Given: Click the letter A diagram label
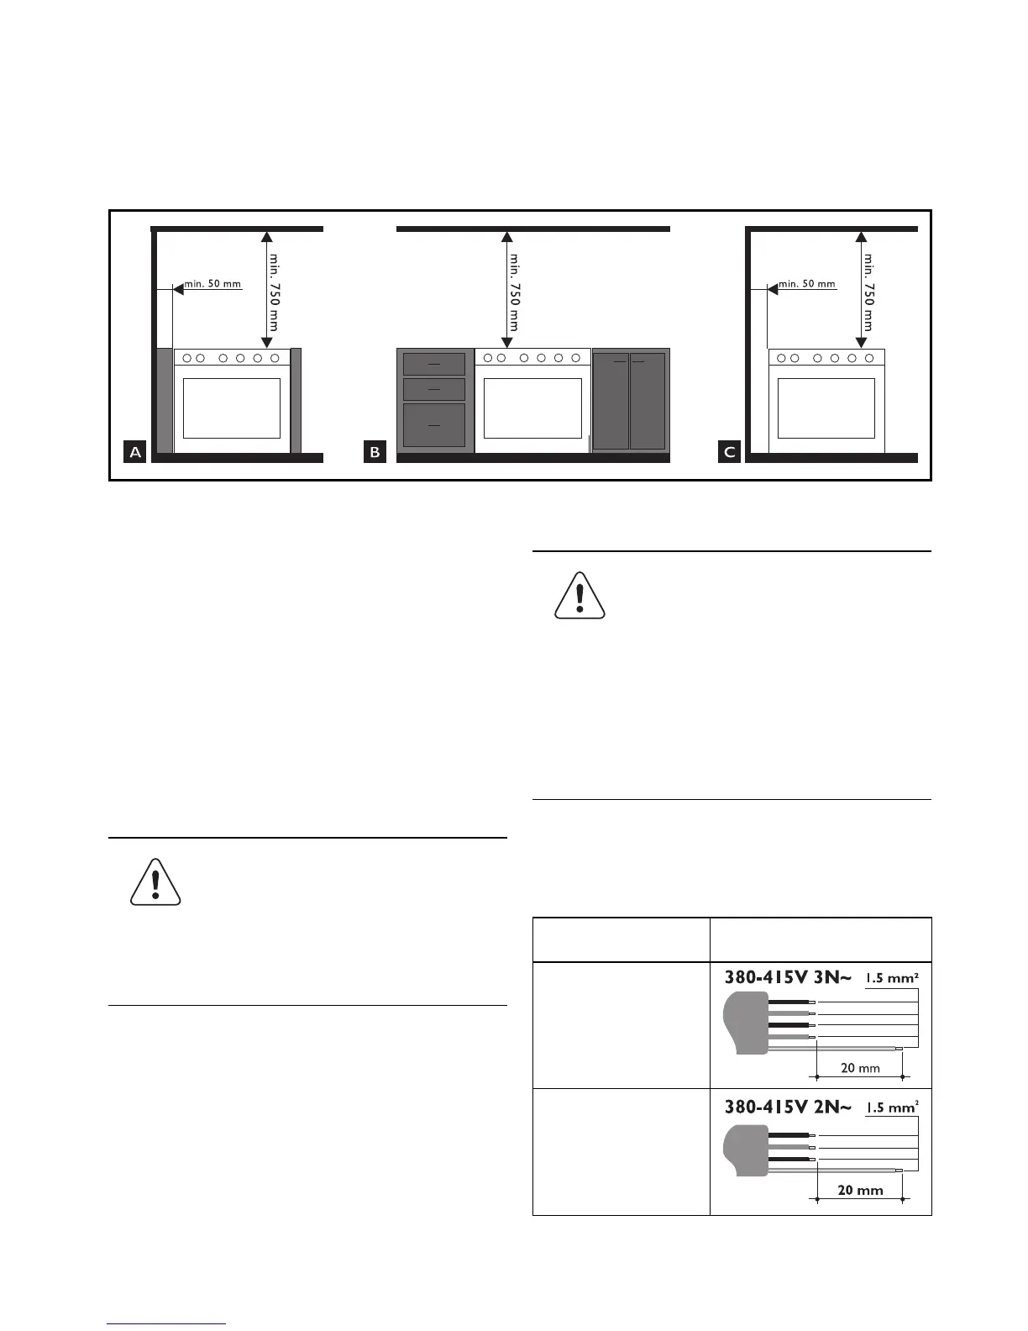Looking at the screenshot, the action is coord(134,452).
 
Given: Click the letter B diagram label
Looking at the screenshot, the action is coord(375,452).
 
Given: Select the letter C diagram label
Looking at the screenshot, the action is coord(729,452).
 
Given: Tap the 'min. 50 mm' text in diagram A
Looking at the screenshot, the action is coord(212,284).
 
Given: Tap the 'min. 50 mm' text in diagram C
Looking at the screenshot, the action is coord(806,284).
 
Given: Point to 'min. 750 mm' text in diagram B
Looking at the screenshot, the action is coord(514,292).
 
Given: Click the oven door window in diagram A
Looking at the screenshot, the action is coord(232,408).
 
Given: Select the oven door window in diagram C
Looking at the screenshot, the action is coord(826,408).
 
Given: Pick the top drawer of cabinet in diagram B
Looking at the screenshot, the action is coord(434,364).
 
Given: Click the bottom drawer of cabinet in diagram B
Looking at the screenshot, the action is coord(434,425).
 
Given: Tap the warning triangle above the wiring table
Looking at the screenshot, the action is coord(580,596).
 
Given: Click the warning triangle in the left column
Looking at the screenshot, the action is coord(155,882).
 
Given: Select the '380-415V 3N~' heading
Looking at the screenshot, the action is coord(788,977).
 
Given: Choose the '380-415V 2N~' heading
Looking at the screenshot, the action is coord(788,1107).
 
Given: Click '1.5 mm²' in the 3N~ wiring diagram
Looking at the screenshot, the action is coord(891,978).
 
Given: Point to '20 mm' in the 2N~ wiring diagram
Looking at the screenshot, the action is coord(860,1190).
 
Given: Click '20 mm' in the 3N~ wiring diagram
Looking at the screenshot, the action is coord(860,1068).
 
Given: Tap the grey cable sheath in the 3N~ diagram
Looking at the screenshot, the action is coord(746,1023).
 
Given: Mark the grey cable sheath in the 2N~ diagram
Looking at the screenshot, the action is coord(746,1150).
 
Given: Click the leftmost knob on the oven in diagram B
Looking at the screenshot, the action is coord(488,358).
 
